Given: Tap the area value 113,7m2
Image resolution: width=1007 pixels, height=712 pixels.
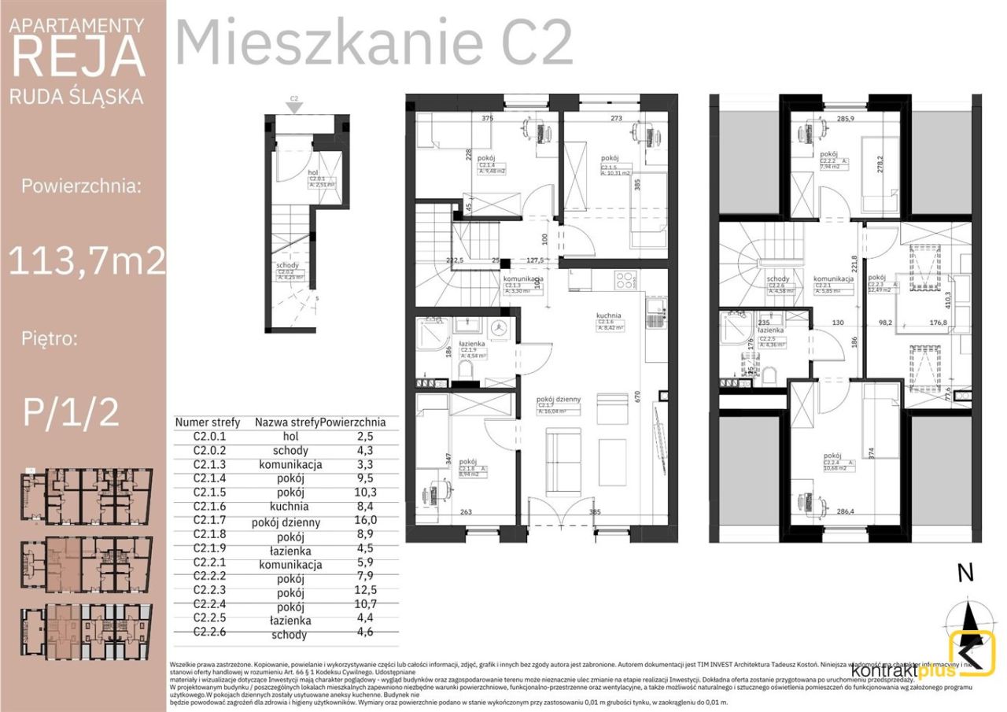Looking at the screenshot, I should tap(87, 260).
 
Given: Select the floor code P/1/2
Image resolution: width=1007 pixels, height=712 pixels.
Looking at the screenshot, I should tap(72, 411).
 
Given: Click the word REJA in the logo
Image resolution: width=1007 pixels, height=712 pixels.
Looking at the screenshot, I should tap(79, 57).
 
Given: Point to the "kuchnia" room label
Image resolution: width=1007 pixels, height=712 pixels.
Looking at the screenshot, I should tap(608, 315).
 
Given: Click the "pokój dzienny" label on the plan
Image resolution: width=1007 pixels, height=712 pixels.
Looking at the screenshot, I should tap(559, 399).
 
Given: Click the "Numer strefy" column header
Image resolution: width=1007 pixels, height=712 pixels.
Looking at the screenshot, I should tap(207, 422).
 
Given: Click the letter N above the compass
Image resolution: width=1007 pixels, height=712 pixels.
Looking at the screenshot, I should tap(965, 574).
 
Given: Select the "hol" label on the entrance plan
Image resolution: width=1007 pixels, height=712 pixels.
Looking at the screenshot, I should tap(312, 172).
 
